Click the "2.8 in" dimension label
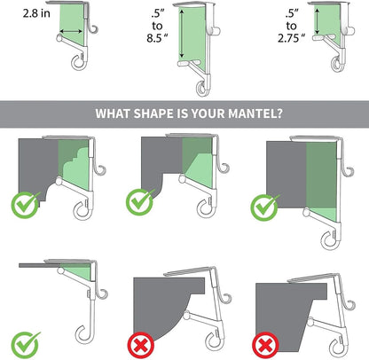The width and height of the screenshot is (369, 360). click(x=36, y=13)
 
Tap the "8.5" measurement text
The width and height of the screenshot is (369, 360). click(x=157, y=38)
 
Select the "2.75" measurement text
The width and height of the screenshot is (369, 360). click(x=291, y=38)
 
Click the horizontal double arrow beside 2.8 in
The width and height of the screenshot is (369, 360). click(x=71, y=31)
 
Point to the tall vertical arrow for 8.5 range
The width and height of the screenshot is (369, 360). click(x=182, y=34)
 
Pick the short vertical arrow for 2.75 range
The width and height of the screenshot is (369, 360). click(x=317, y=21)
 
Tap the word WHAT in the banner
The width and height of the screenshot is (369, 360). click(x=113, y=113)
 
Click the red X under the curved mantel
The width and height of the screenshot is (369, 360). click(x=141, y=345)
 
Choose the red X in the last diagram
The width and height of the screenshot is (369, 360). click(x=265, y=345)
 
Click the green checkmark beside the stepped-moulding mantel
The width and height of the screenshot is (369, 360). click(x=26, y=205)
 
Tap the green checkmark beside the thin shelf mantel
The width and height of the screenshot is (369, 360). click(x=26, y=345)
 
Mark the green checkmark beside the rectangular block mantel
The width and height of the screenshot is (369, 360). click(x=265, y=207)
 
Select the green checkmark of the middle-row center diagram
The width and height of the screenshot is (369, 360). click(x=140, y=202)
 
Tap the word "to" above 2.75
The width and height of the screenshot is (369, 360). click(x=291, y=26)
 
